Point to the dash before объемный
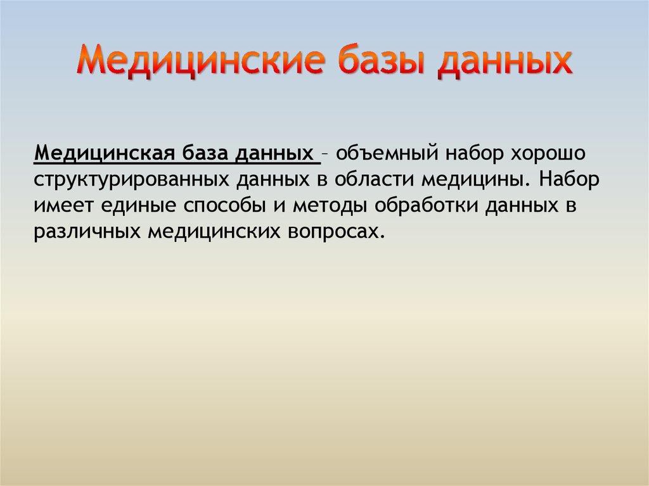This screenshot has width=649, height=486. (x=324, y=154)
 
